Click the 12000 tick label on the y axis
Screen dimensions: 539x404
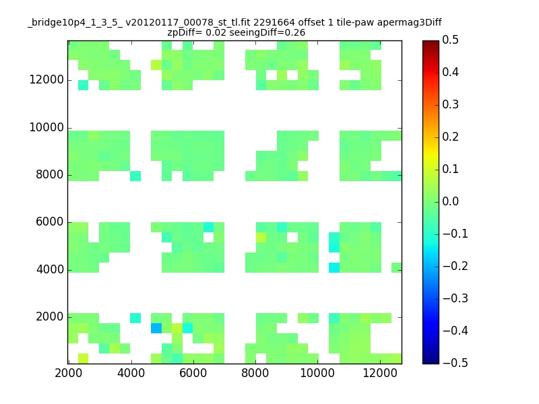pyautogui.click(x=46, y=79)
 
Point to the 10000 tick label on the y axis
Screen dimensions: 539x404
pyautogui.click(x=46, y=127)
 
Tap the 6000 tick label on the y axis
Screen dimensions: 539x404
pyautogui.click(x=50, y=222)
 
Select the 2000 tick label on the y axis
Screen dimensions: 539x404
pyautogui.click(x=50, y=316)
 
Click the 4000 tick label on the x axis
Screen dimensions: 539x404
pyautogui.click(x=131, y=373)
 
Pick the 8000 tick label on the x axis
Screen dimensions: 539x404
pyautogui.click(x=255, y=373)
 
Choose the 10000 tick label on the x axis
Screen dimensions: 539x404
pyautogui.click(x=317, y=373)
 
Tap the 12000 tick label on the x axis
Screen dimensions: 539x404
pyautogui.click(x=380, y=373)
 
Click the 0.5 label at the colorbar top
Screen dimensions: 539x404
pyautogui.click(x=450, y=40)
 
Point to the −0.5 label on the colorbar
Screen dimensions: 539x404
pyautogui.click(x=455, y=363)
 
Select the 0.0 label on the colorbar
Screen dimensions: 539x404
pyautogui.click(x=450, y=201)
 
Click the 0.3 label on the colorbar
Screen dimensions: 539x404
pyautogui.click(x=450, y=104)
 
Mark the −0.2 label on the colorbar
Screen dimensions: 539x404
pyautogui.click(x=455, y=266)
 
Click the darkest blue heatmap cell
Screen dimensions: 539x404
pyautogui.click(x=156, y=328)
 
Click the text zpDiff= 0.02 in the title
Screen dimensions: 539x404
pyautogui.click(x=197, y=32)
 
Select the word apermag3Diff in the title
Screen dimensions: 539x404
pyautogui.click(x=410, y=23)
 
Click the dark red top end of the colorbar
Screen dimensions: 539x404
pyautogui.click(x=431, y=43)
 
